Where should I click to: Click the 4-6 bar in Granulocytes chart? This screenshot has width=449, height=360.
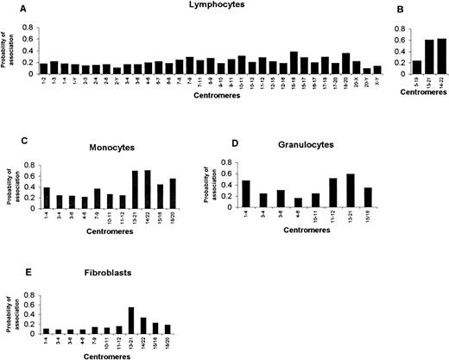(x=324, y=203)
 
